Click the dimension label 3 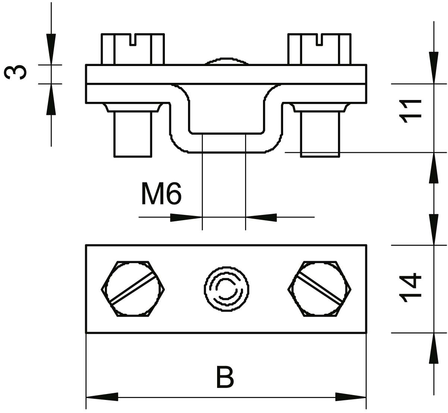click(15, 72)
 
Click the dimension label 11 click(410, 111)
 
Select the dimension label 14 click(410, 288)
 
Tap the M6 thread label click(162, 193)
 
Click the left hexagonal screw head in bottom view click(133, 289)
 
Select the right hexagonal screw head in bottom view click(319, 289)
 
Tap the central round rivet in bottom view click(227, 289)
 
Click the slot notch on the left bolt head click(133, 40)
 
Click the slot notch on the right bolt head click(319, 40)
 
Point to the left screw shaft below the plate click(133, 134)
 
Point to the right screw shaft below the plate click(320, 134)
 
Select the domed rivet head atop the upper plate click(227, 62)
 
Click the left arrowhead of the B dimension click(102, 397)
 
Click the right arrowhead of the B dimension click(351, 397)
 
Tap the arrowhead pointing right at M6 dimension click(186, 218)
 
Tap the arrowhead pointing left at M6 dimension click(261, 218)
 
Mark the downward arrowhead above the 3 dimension click(51, 49)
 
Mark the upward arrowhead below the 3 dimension click(51, 99)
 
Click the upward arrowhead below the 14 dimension click(434, 348)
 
